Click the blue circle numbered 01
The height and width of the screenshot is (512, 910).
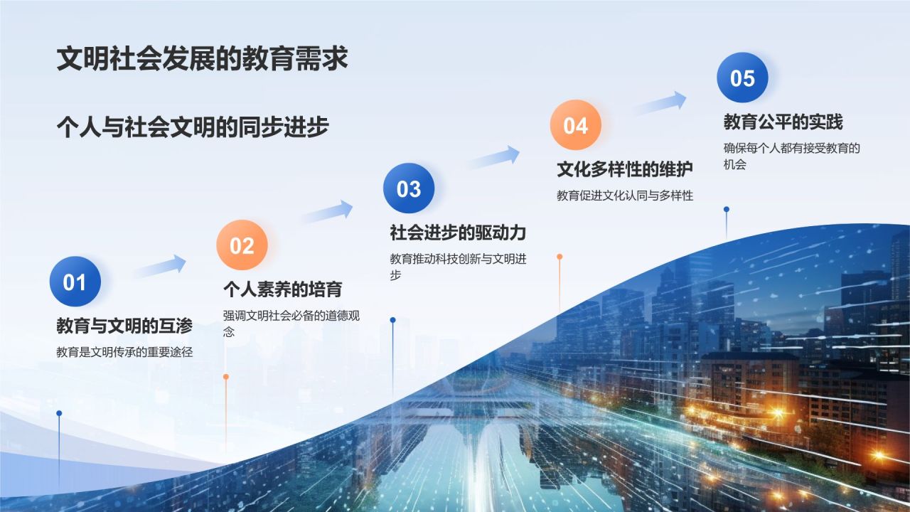click(x=75, y=282)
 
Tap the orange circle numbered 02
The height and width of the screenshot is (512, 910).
click(x=242, y=245)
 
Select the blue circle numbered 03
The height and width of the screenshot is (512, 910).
click(x=409, y=188)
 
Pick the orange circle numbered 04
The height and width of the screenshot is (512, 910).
click(x=575, y=125)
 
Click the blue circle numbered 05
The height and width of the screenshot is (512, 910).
click(x=742, y=78)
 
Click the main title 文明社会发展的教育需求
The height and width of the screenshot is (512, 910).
click(x=202, y=59)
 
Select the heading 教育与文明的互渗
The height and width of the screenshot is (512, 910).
click(x=124, y=326)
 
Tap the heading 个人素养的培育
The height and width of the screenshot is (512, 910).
click(x=282, y=289)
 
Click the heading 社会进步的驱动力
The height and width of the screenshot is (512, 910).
click(x=457, y=233)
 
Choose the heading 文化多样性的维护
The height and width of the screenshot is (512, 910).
click(x=624, y=169)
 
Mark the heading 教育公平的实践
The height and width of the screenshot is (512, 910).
click(x=783, y=122)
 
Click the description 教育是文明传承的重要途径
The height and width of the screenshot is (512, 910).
click(x=124, y=352)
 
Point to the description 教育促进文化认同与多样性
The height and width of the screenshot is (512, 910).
click(x=624, y=196)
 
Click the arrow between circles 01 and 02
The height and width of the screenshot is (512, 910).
click(x=161, y=267)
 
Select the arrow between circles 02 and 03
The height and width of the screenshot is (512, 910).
click(x=328, y=211)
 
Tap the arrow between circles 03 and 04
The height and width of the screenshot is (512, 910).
click(x=494, y=157)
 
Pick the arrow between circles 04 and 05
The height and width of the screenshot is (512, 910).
click(x=660, y=103)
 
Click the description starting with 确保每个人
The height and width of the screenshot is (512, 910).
click(x=791, y=156)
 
